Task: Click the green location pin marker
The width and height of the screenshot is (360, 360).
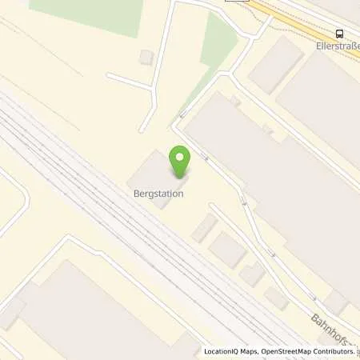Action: coord(180,162)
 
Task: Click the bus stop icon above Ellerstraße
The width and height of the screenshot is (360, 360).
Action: coord(340,34)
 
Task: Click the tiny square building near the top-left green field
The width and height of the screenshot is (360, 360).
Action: coord(146,57)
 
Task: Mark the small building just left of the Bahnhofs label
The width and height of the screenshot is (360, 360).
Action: coord(276,298)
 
